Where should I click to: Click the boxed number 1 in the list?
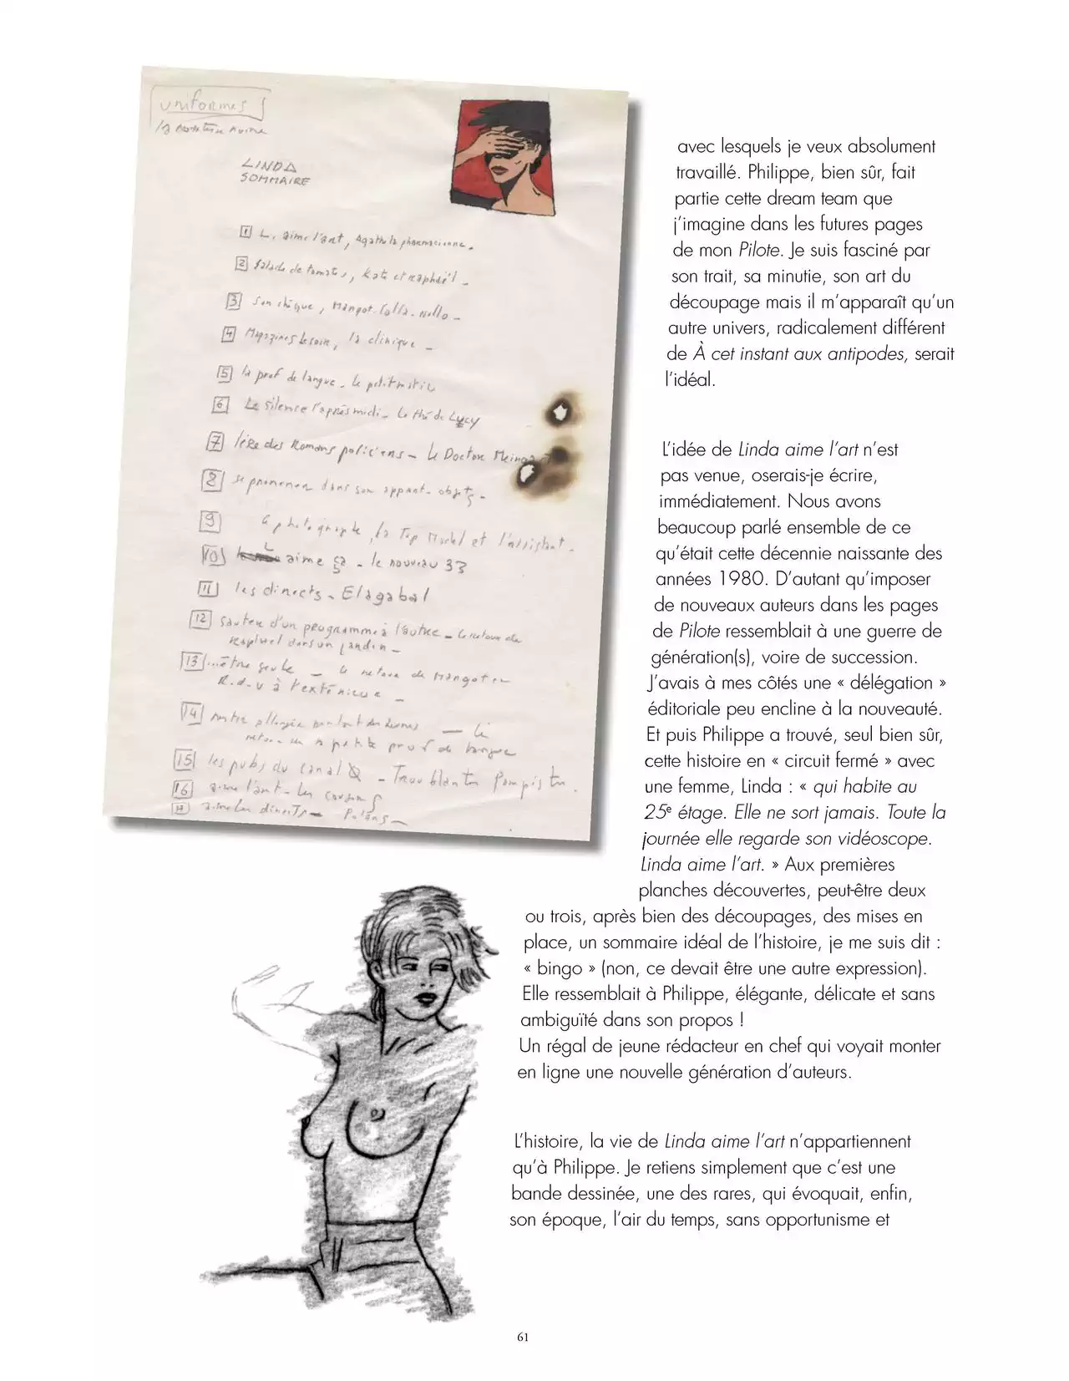(x=246, y=233)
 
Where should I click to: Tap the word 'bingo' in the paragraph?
(x=556, y=969)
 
